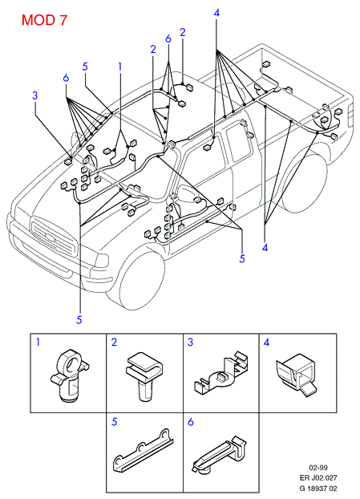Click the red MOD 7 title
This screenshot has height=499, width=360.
click(44, 20)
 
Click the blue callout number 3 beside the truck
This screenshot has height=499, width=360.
click(35, 95)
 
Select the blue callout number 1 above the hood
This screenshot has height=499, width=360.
click(120, 67)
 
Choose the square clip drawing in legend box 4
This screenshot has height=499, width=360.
click(296, 373)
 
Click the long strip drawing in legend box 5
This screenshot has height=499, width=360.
click(143, 450)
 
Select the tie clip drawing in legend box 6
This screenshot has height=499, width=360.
click(220, 453)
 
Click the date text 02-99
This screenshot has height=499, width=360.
click(318, 468)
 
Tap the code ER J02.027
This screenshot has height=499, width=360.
click(318, 477)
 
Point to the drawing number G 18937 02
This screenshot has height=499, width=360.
click(318, 489)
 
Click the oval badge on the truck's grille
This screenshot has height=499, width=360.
click(51, 237)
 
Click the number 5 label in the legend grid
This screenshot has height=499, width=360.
click(115, 422)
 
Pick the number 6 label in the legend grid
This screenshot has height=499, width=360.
click(191, 422)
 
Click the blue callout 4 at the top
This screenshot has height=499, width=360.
click(216, 13)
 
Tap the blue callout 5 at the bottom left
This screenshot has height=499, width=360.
click(79, 319)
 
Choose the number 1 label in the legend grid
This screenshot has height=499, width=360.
click(38, 342)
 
